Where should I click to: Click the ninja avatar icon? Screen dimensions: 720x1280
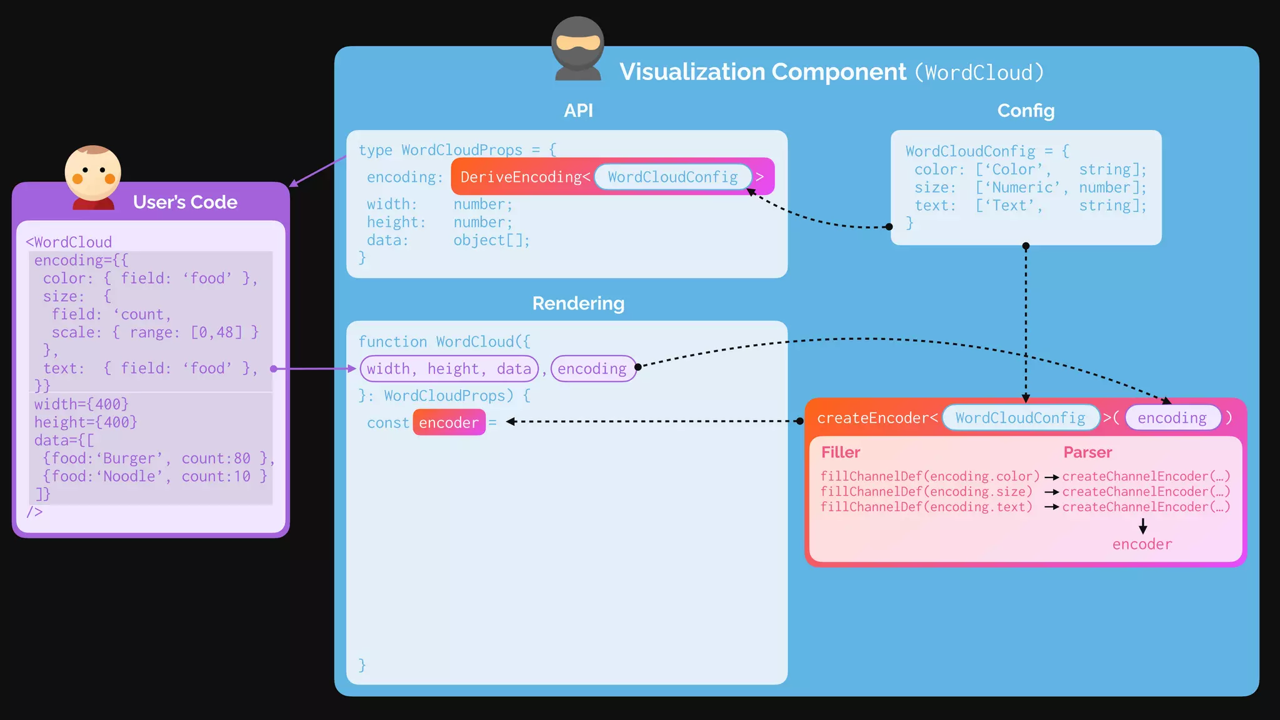[577, 49]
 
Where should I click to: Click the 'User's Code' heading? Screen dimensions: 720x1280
[185, 202]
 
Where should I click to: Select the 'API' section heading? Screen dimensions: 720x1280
[578, 111]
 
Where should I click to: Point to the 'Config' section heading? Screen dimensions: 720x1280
[1026, 111]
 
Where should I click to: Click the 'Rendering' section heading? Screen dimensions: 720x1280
[578, 303]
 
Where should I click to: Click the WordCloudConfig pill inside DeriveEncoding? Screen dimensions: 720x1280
[672, 177]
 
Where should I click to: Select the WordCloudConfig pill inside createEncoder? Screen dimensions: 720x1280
[1020, 417]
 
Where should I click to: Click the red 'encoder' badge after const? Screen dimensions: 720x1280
[449, 422]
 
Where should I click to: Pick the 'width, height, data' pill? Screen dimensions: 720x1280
[449, 369]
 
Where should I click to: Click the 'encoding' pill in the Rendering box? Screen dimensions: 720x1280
[592, 369]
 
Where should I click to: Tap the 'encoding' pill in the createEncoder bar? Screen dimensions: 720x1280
[1172, 417]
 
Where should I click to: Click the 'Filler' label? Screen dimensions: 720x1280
[841, 452]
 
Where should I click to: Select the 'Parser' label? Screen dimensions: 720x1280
[1087, 452]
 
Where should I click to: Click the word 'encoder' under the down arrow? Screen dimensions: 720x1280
[1142, 544]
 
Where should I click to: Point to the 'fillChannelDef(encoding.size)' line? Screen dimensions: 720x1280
[926, 491]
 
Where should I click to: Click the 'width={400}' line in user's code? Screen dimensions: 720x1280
[81, 404]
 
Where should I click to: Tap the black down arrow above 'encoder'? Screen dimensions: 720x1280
[1142, 526]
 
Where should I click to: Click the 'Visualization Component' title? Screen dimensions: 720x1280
[762, 72]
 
